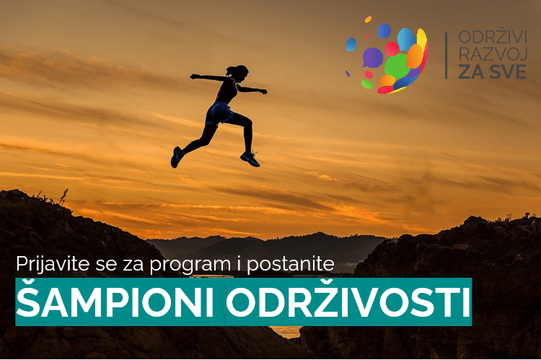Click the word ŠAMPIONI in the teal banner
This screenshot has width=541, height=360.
click(115, 301)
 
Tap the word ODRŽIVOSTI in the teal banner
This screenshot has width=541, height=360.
click(348, 301)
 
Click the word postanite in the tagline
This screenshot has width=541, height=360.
click(291, 265)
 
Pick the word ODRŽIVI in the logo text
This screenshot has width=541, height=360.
click(493, 37)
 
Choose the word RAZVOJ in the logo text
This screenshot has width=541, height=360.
click(493, 54)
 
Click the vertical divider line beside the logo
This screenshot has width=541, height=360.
click(446, 56)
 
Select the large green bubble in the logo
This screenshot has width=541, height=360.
click(397, 66)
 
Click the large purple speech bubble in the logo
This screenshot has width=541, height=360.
click(372, 57)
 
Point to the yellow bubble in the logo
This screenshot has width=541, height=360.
click(422, 39)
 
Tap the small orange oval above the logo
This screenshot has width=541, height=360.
click(368, 19)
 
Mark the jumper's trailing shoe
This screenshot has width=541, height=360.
click(177, 157)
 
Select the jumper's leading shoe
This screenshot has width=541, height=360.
click(250, 159)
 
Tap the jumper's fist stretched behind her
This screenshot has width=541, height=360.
click(194, 76)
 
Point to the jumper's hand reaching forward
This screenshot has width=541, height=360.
click(263, 92)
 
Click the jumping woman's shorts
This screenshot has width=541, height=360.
click(219, 113)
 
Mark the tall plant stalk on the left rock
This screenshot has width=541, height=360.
click(63, 197)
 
